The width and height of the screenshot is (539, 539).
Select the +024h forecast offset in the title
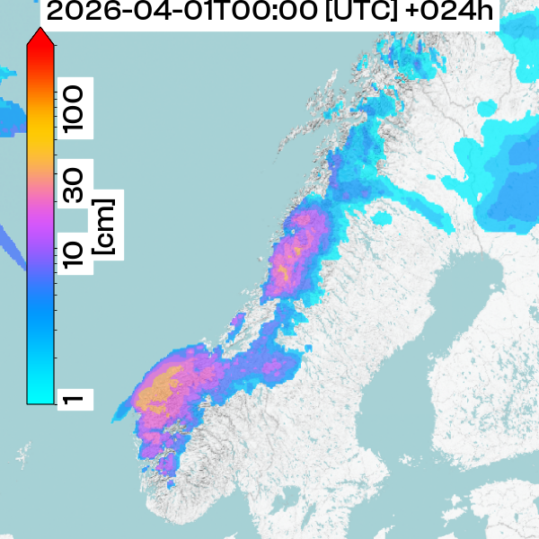(449, 13)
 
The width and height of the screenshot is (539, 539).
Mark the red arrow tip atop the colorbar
(40, 36)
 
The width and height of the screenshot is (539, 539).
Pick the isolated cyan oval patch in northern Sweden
(386, 217)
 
